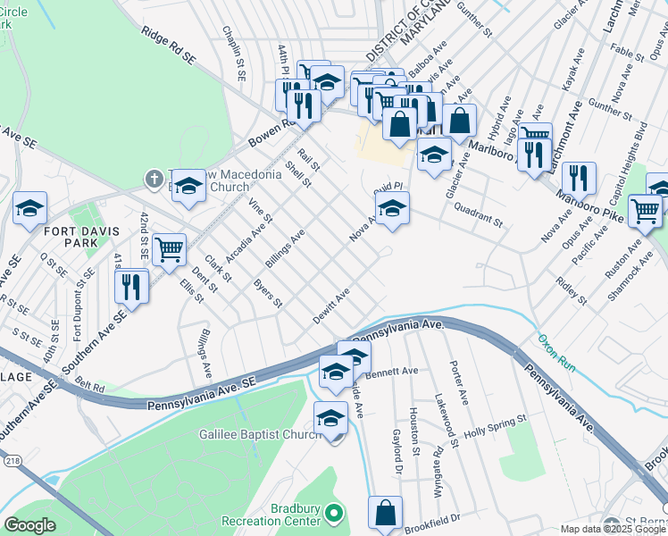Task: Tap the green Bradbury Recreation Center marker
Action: pos(333,514)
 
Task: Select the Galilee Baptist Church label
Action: pos(259,434)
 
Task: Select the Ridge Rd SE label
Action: pos(167,44)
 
